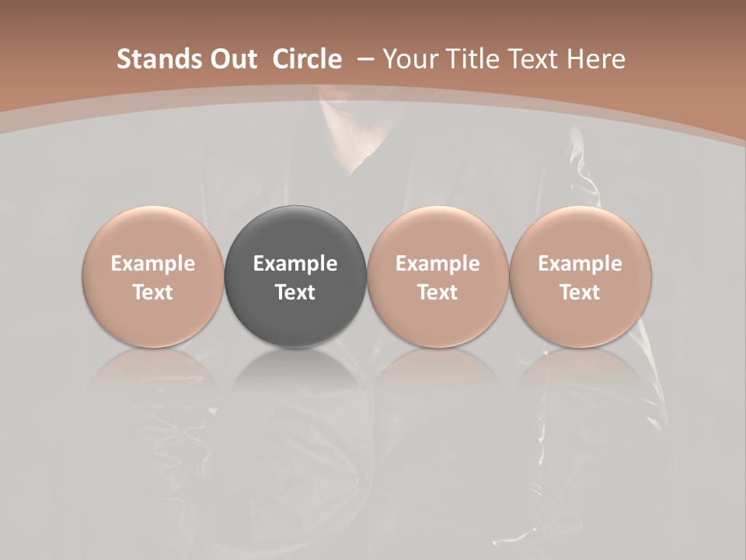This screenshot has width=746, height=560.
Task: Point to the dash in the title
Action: (365, 59)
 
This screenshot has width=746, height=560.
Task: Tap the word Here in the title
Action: (595, 59)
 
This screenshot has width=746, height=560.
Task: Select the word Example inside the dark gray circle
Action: (295, 264)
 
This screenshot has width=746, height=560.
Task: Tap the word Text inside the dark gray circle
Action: (295, 292)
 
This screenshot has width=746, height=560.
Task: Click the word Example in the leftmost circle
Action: (152, 264)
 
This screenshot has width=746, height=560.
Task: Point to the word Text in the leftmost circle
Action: (152, 292)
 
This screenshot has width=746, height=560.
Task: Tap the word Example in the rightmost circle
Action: (580, 264)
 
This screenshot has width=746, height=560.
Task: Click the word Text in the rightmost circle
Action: (580, 292)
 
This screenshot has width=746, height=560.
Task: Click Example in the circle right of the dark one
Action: (437, 264)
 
